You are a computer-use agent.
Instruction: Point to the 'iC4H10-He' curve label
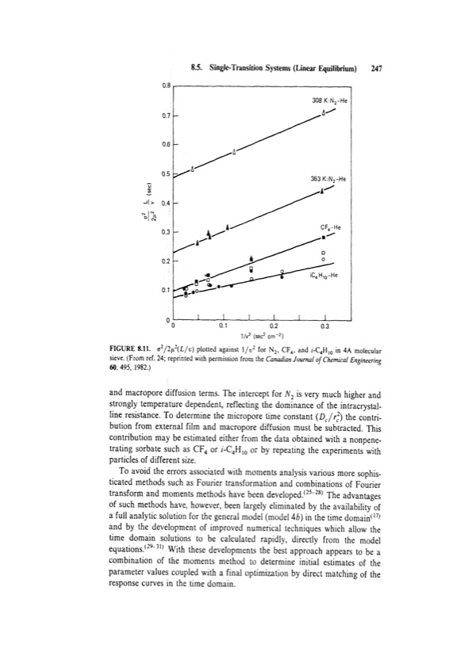pyautogui.click(x=326, y=275)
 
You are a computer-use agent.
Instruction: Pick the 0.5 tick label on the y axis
pyautogui.click(x=157, y=173)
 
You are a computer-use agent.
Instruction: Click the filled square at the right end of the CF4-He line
pyautogui.click(x=323, y=237)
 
